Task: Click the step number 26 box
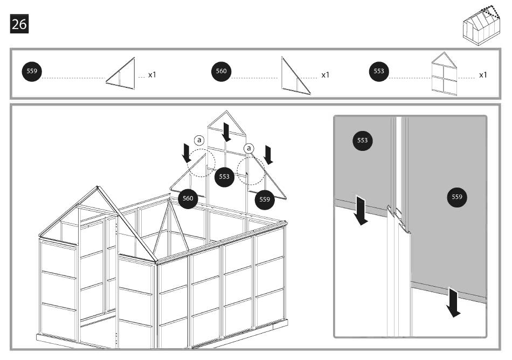tap(19, 24)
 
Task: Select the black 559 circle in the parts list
tap(31, 72)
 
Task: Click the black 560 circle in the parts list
tap(221, 72)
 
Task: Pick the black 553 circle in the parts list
tap(379, 72)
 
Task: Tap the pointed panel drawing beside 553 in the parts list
tap(444, 74)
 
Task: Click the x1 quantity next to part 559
tap(152, 74)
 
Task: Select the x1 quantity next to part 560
tap(325, 74)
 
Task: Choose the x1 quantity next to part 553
tap(483, 74)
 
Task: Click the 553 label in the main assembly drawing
tap(224, 176)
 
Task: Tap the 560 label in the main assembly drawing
tap(188, 198)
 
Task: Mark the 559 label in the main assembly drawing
tap(265, 199)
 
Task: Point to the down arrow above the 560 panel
tap(186, 153)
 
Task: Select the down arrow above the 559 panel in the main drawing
tap(268, 155)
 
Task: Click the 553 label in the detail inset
tap(363, 141)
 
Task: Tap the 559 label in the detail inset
tap(457, 197)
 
